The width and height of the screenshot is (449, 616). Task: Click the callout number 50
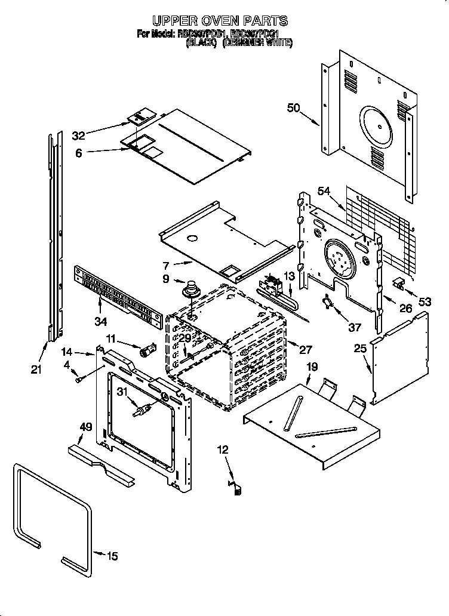coord(293,108)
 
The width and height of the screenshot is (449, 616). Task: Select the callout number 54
coord(324,190)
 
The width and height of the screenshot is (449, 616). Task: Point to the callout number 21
coord(36,370)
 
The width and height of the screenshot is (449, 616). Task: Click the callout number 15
coord(112,557)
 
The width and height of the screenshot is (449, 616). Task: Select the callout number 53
coord(425,302)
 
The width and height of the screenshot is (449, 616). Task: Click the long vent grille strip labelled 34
coord(118,297)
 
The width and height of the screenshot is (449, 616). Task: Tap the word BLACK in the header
coord(200,43)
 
